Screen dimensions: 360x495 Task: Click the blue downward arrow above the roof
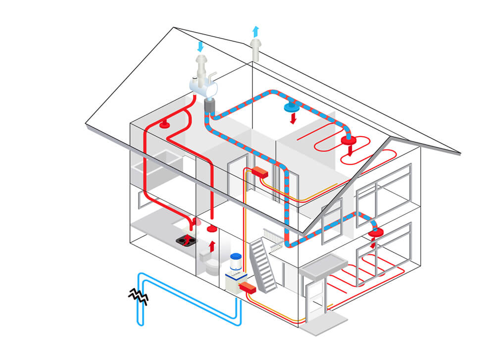point(200,47)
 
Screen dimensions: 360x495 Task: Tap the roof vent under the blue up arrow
point(255,50)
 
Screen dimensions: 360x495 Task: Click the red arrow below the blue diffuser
point(293,118)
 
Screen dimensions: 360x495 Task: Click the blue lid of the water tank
point(236,257)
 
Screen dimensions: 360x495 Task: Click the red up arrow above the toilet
point(213,245)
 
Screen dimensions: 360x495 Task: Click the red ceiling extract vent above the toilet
point(212,229)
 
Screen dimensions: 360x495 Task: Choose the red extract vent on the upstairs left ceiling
point(164,124)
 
